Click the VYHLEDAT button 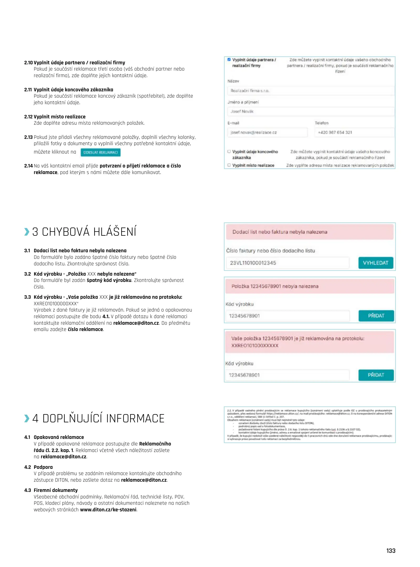click(375, 263)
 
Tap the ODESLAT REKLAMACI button click(100, 153)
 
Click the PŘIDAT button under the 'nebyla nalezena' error click(376, 316)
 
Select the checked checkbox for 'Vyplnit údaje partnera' click(229, 60)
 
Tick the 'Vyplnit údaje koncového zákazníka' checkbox click(229, 152)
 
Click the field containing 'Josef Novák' click(311, 112)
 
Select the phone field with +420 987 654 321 click(354, 133)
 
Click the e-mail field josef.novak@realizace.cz click(267, 133)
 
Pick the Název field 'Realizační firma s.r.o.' click(311, 91)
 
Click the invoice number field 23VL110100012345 click(288, 263)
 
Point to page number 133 click(391, 551)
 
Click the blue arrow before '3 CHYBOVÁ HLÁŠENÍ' click(27, 232)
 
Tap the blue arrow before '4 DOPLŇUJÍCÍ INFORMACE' click(27, 418)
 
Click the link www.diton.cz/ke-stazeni click(108, 510)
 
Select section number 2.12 click(28, 117)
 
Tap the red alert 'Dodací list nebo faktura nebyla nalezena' click(310, 232)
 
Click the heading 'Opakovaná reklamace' click(59, 437)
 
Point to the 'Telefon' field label click(322, 123)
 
